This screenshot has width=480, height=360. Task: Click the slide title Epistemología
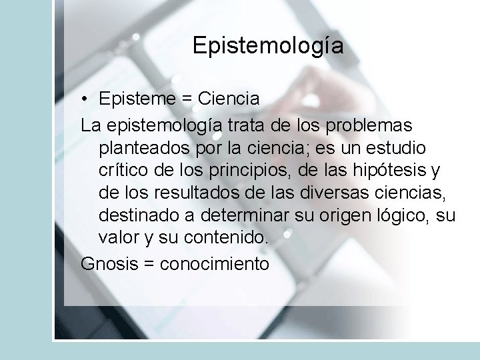(268, 46)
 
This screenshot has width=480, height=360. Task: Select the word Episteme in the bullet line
(137, 99)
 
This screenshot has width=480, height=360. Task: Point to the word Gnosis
(109, 263)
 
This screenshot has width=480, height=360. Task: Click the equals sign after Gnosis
(149, 264)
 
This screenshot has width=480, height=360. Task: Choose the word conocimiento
(215, 263)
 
